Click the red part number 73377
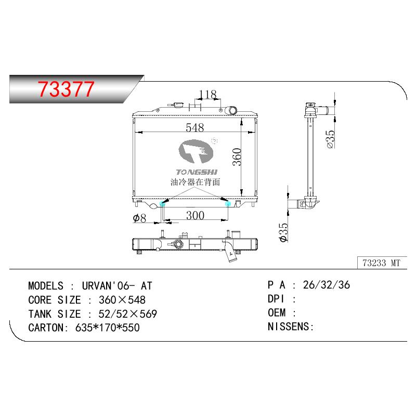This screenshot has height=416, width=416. click(66, 89)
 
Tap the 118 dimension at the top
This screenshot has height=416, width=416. click(207, 94)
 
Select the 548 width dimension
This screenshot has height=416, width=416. click(194, 127)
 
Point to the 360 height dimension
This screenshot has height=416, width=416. click(237, 157)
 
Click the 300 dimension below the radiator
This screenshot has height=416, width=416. click(195, 215)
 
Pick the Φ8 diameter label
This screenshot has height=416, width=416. click(139, 218)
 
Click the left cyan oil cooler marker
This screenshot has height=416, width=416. click(162, 204)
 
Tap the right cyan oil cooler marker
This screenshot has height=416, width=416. click(228, 203)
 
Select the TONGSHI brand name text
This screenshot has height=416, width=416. click(197, 172)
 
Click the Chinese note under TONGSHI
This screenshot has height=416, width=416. click(196, 182)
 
